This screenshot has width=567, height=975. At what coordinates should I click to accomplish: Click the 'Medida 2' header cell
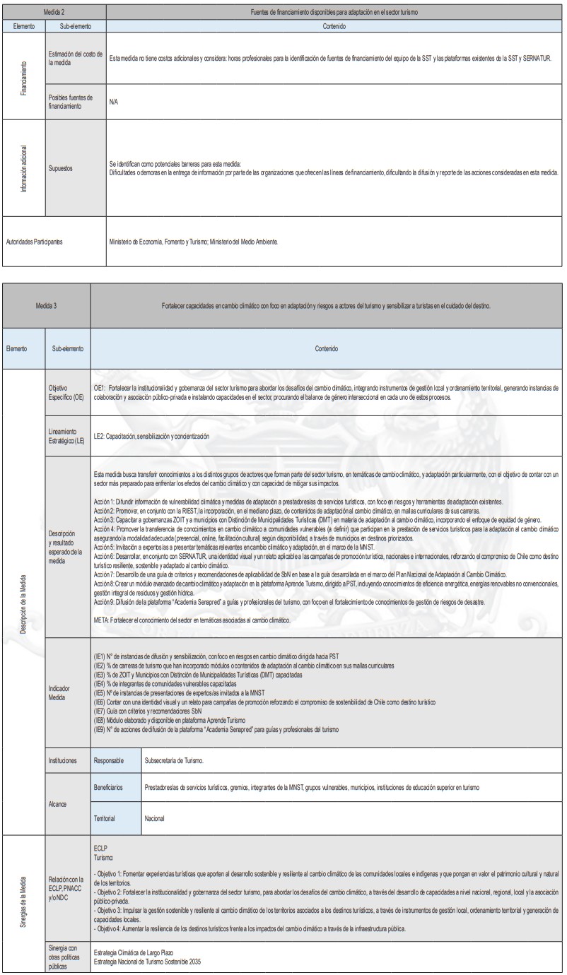point(54,13)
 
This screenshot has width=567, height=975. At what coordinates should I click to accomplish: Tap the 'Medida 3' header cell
point(47,306)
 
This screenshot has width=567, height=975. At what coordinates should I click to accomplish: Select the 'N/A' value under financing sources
point(113,102)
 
